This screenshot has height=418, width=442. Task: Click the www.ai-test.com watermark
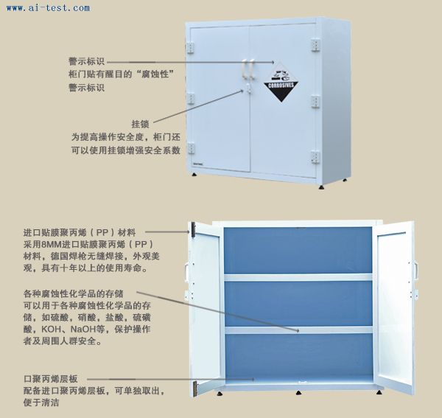[48, 8]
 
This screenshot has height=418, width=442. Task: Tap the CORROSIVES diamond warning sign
[281, 82]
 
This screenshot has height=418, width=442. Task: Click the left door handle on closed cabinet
[245, 68]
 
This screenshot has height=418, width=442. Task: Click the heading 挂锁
[140, 124]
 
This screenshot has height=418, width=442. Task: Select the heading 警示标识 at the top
[86, 61]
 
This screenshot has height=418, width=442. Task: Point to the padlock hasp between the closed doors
[248, 88]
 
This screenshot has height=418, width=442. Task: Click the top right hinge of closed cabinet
[315, 45]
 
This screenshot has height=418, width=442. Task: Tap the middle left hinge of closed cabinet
[191, 99]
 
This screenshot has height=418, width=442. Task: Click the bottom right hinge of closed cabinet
[315, 157]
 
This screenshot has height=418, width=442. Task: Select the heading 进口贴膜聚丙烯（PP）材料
[80, 233]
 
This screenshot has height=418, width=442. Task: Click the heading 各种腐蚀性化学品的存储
[74, 293]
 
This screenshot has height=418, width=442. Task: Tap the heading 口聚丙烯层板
[50, 379]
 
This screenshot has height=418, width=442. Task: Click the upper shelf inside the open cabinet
[298, 276]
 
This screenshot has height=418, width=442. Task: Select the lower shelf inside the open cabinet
[299, 330]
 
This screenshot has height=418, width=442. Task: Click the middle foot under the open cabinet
[298, 392]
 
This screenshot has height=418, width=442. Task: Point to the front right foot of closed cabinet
[321, 187]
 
